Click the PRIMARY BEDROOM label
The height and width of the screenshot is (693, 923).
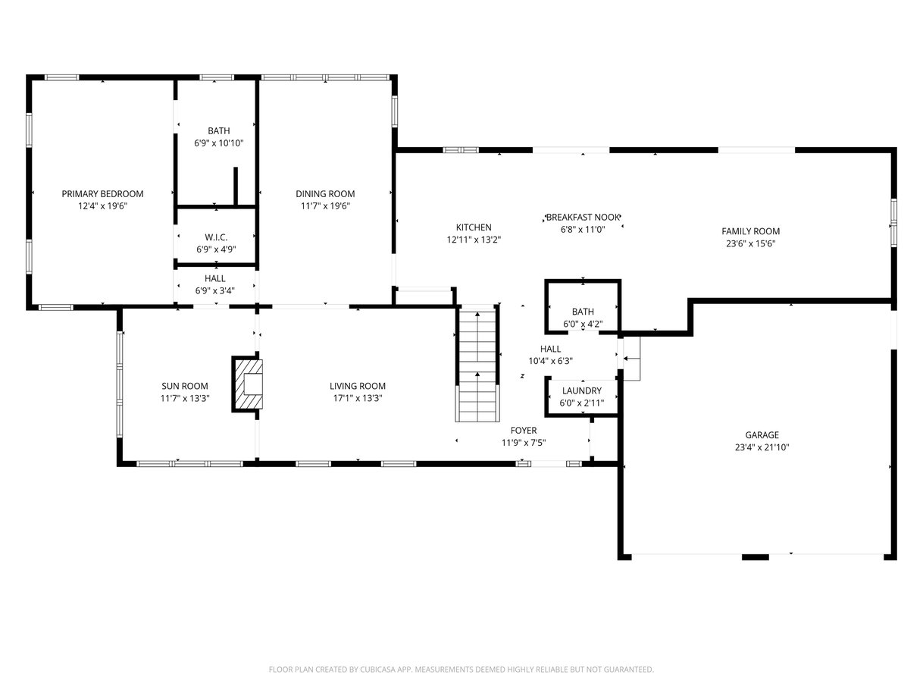coord(102,194)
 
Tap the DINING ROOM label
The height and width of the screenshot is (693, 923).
coord(325,194)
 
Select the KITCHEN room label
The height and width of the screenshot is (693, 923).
coord(474,227)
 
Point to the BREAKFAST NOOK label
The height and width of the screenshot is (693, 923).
coord(583,218)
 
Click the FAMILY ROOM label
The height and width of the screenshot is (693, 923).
coord(750,231)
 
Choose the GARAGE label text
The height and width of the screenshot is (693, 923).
coord(762,435)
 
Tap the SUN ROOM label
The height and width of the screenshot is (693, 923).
coord(185,386)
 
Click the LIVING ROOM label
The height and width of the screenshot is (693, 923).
coord(358,386)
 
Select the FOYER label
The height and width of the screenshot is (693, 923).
coord(524,431)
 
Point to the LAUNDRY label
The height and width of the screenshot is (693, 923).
coord(582,391)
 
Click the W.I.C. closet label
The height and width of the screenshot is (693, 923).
coord(216,237)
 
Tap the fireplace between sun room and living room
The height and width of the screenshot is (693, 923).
coord(247,384)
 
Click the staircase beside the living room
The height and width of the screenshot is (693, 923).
coord(477,362)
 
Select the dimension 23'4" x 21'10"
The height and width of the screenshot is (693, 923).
coord(762,447)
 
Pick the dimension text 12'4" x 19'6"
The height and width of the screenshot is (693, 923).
coord(102,206)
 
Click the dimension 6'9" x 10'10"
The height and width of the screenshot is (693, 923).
coord(219,143)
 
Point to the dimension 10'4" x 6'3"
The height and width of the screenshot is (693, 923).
coord(550,361)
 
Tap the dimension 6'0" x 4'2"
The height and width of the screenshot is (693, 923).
coord(583,324)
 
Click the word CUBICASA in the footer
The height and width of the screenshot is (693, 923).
coord(377,669)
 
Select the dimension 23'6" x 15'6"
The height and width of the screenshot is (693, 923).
coord(750,243)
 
